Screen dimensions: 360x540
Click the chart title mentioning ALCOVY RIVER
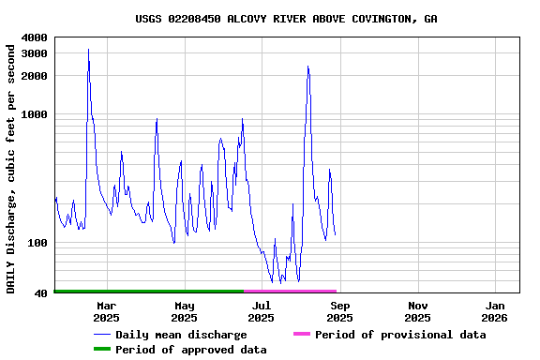[286, 19]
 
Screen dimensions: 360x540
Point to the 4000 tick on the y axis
[34, 37]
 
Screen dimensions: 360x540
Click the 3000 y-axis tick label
[34, 53]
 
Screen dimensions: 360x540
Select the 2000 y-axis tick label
[34, 76]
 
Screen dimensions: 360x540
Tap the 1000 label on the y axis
[34, 115]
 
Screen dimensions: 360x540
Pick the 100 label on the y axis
[37, 244]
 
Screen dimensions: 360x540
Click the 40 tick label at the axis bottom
[41, 294]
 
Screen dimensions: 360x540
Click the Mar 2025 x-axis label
[107, 311]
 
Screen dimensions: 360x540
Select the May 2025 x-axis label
[185, 311]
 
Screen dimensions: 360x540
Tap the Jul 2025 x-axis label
[262, 311]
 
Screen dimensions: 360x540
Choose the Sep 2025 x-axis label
[340, 311]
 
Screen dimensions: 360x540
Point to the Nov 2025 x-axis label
[418, 311]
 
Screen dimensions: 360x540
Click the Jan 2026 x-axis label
[496, 311]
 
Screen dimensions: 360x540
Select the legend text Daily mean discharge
[181, 335]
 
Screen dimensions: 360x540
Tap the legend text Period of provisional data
[400, 335]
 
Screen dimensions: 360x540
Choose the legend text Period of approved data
[191, 350]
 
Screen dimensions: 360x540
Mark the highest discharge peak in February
[88, 50]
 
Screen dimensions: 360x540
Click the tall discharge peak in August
[307, 67]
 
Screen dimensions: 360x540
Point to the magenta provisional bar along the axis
[291, 292]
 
